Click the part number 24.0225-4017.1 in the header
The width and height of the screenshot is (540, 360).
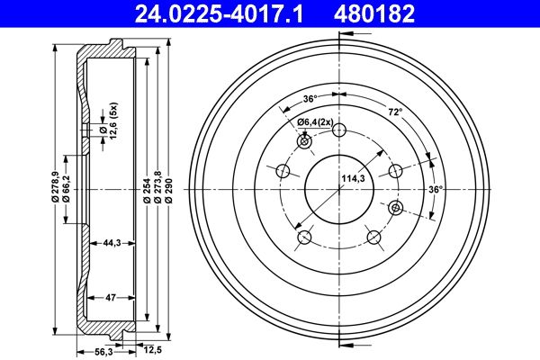click(219, 13)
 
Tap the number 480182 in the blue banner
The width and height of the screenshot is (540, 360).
click(374, 13)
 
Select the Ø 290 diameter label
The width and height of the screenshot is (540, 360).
click(169, 190)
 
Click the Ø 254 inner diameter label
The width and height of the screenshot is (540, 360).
click(147, 190)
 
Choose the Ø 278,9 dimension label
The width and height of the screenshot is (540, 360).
click(55, 186)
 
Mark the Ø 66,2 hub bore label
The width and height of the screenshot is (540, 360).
click(66, 188)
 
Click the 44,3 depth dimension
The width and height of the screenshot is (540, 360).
click(112, 243)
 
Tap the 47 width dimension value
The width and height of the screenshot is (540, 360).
click(111, 298)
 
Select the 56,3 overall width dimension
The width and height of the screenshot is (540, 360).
click(103, 352)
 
